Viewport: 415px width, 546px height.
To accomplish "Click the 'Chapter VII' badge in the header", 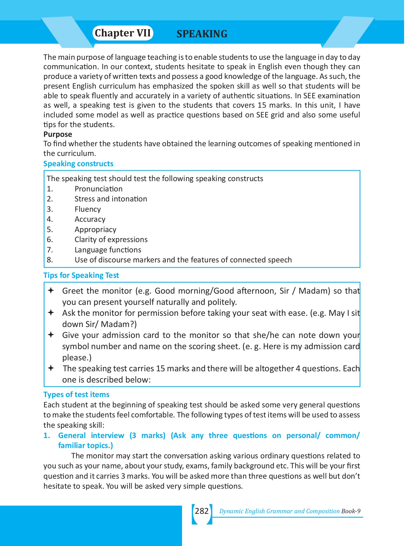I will (123, 33).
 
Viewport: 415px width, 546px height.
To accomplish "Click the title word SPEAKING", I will (202, 34).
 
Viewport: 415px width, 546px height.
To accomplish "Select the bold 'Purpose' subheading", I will (58, 134).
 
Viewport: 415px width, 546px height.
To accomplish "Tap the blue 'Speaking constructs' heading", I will (78, 164).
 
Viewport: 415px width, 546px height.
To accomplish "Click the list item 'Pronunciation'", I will (99, 189).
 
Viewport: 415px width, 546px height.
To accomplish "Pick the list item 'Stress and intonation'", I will (111, 199).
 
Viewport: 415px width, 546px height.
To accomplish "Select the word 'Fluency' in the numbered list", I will (88, 209).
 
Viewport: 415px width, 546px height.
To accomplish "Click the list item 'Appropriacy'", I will (95, 230).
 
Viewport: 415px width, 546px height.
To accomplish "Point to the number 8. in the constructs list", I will (50, 260).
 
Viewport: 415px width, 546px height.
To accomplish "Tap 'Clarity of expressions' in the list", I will (111, 240).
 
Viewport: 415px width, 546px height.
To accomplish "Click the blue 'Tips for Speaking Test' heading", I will (81, 275).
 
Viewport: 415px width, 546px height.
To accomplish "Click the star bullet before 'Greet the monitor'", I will (51, 291).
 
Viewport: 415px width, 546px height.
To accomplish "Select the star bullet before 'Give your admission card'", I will (51, 335).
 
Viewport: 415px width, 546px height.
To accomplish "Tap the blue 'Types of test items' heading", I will (76, 395).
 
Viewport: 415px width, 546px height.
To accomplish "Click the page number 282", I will (202, 511).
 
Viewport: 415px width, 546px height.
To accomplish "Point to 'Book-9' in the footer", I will (351, 511).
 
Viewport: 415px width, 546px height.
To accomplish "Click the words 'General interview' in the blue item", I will (91, 436).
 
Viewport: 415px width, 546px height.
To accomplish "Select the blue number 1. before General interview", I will (47, 436).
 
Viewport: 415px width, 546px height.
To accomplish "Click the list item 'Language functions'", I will (108, 250).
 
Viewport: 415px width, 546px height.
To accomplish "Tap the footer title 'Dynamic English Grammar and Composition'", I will (279, 511).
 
